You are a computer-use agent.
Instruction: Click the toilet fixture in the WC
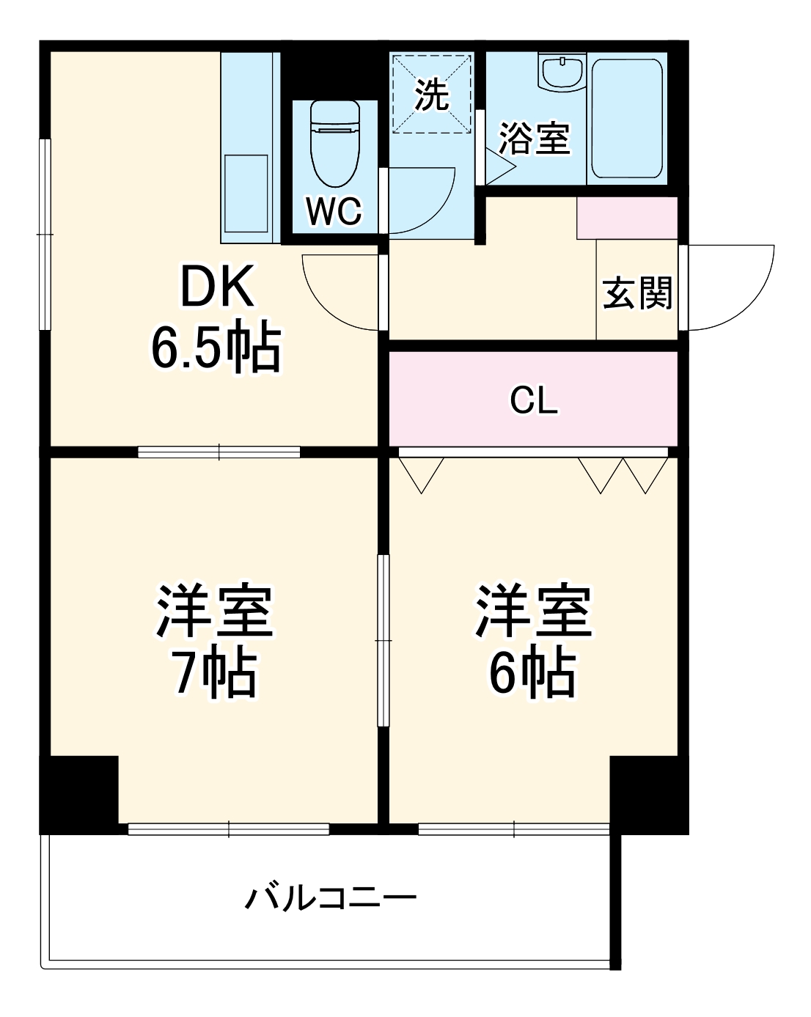click(335, 143)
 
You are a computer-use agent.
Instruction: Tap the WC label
click(334, 212)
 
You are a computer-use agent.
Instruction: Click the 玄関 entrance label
click(637, 294)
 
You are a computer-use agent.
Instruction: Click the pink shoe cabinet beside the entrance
click(626, 218)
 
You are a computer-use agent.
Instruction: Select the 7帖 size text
click(215, 672)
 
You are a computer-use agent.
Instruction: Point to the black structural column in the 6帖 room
click(647, 793)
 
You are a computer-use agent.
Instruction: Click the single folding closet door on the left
click(421, 474)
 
